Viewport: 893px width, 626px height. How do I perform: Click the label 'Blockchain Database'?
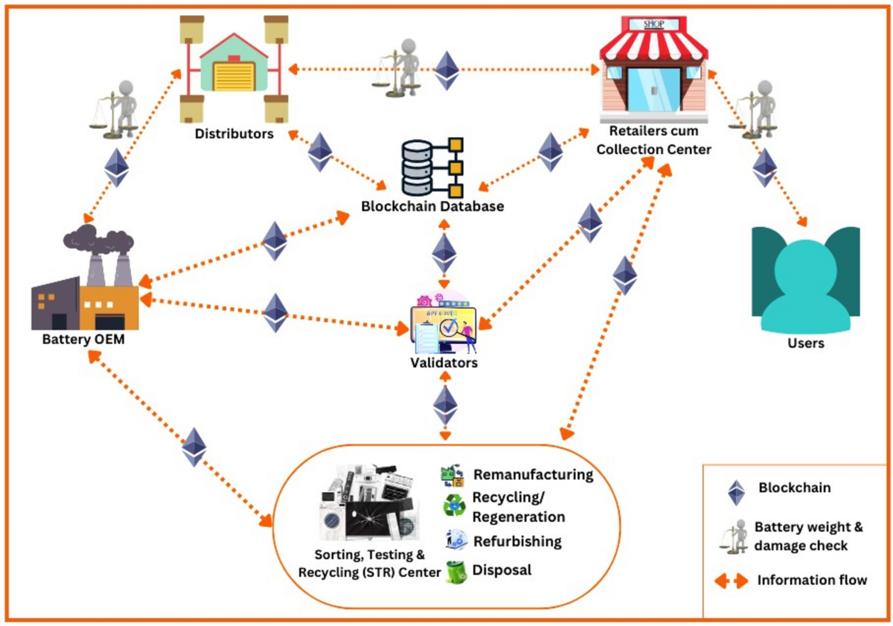point(432,206)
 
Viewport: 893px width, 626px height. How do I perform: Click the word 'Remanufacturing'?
point(533,474)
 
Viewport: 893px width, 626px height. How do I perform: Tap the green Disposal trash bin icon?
point(455,572)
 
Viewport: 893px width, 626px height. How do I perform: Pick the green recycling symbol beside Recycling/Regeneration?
point(454,506)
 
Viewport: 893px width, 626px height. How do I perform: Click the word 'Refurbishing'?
point(516,541)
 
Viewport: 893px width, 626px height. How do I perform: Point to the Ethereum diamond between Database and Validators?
point(444,253)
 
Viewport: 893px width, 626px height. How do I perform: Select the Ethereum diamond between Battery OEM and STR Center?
point(194,447)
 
